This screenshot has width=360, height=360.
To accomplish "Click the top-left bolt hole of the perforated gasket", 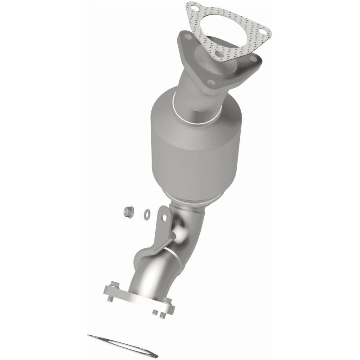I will point(194,8).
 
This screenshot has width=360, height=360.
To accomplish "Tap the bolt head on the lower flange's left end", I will point(112,284).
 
